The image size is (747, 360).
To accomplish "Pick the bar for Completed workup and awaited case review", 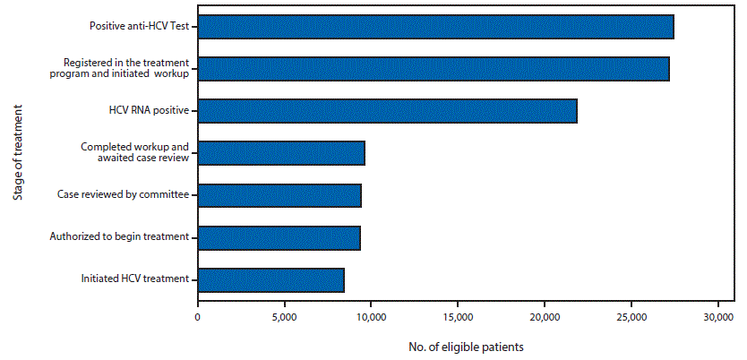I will [281, 153].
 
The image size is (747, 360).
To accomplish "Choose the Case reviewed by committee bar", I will [279, 195].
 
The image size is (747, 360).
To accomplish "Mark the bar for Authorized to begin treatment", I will [279, 237].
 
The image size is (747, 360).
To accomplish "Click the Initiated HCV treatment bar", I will [270, 280].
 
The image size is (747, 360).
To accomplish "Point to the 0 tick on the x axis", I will [198, 317].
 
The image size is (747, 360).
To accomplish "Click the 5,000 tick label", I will [284, 317].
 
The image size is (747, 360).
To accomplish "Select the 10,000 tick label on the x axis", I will [371, 317].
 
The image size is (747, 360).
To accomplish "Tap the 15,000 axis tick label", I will [458, 317].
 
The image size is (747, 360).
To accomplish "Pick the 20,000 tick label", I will [545, 317].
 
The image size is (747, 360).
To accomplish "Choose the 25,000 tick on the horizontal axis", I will [631, 317].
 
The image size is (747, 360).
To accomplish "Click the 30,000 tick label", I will [717, 317].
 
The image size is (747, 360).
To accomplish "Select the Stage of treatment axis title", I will [18, 153].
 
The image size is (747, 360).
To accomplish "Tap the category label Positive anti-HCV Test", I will [139, 26].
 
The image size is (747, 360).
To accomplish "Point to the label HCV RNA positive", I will [148, 110].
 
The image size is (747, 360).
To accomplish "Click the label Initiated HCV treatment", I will [134, 279].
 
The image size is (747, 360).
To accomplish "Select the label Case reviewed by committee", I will [123, 194].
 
